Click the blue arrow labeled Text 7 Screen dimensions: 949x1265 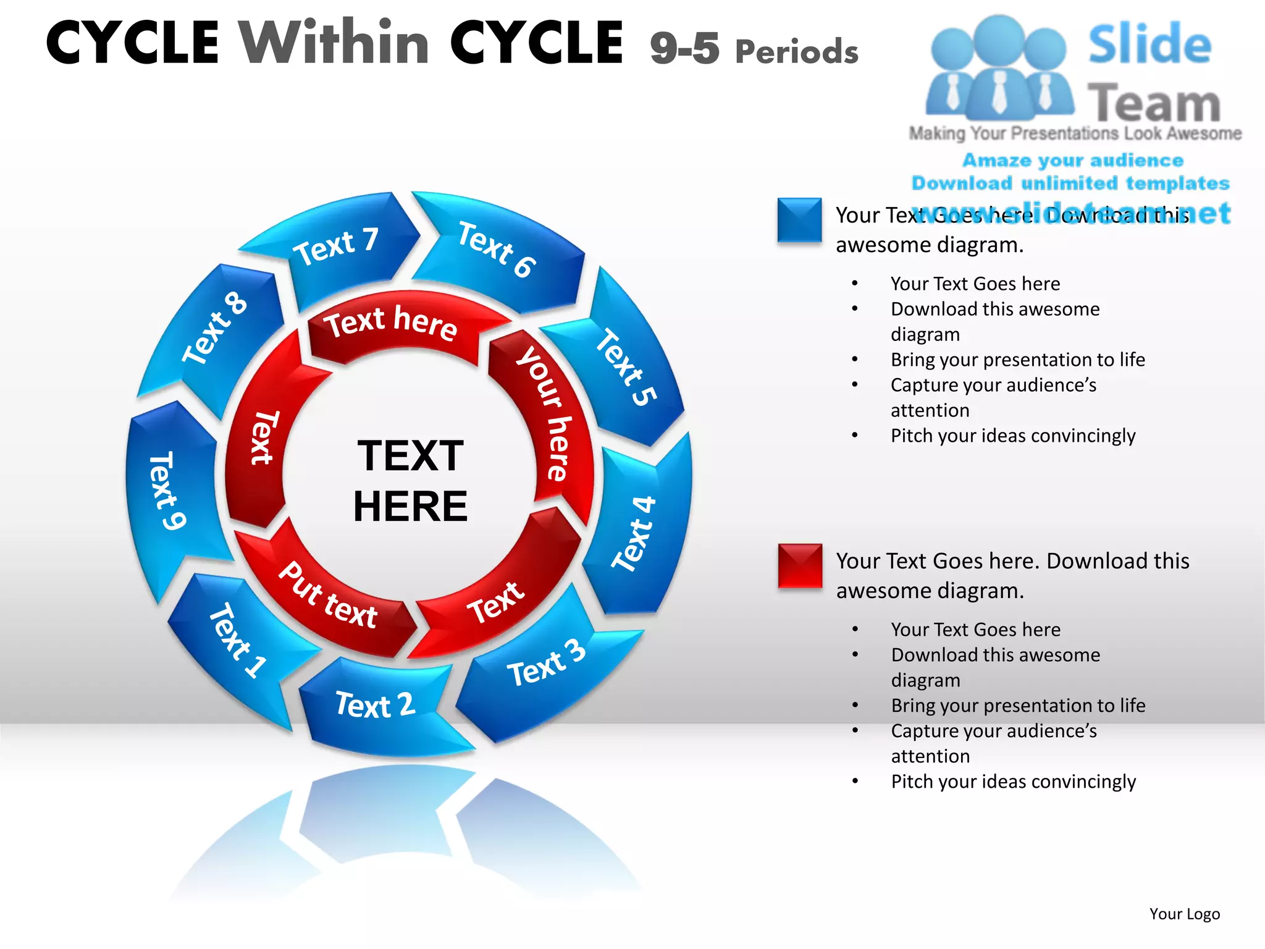(337, 247)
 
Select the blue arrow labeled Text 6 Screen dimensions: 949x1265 (497, 250)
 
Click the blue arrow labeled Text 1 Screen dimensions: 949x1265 (238, 643)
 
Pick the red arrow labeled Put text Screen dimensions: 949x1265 (327, 596)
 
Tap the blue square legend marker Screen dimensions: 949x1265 (799, 220)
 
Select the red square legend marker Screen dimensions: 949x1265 (800, 565)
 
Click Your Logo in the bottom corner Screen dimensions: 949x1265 (1184, 914)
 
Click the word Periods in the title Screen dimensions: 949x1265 (797, 51)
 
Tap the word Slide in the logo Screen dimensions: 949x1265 (1149, 44)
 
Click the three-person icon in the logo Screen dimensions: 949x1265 (999, 68)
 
